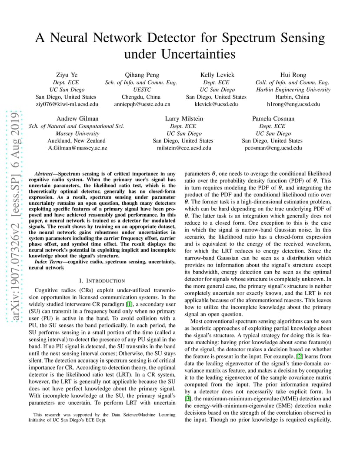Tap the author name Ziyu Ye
click(x=66, y=75)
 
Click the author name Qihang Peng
click(x=142, y=75)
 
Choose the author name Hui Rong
click(x=293, y=75)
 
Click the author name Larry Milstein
click(x=184, y=119)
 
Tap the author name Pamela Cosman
click(x=273, y=119)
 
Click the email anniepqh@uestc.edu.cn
click(x=142, y=104)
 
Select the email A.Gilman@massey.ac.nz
click(x=77, y=148)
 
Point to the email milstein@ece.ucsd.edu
click(x=184, y=148)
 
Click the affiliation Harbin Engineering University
click(x=293, y=90)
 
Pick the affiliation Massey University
click(x=77, y=133)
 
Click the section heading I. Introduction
click(x=102, y=281)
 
